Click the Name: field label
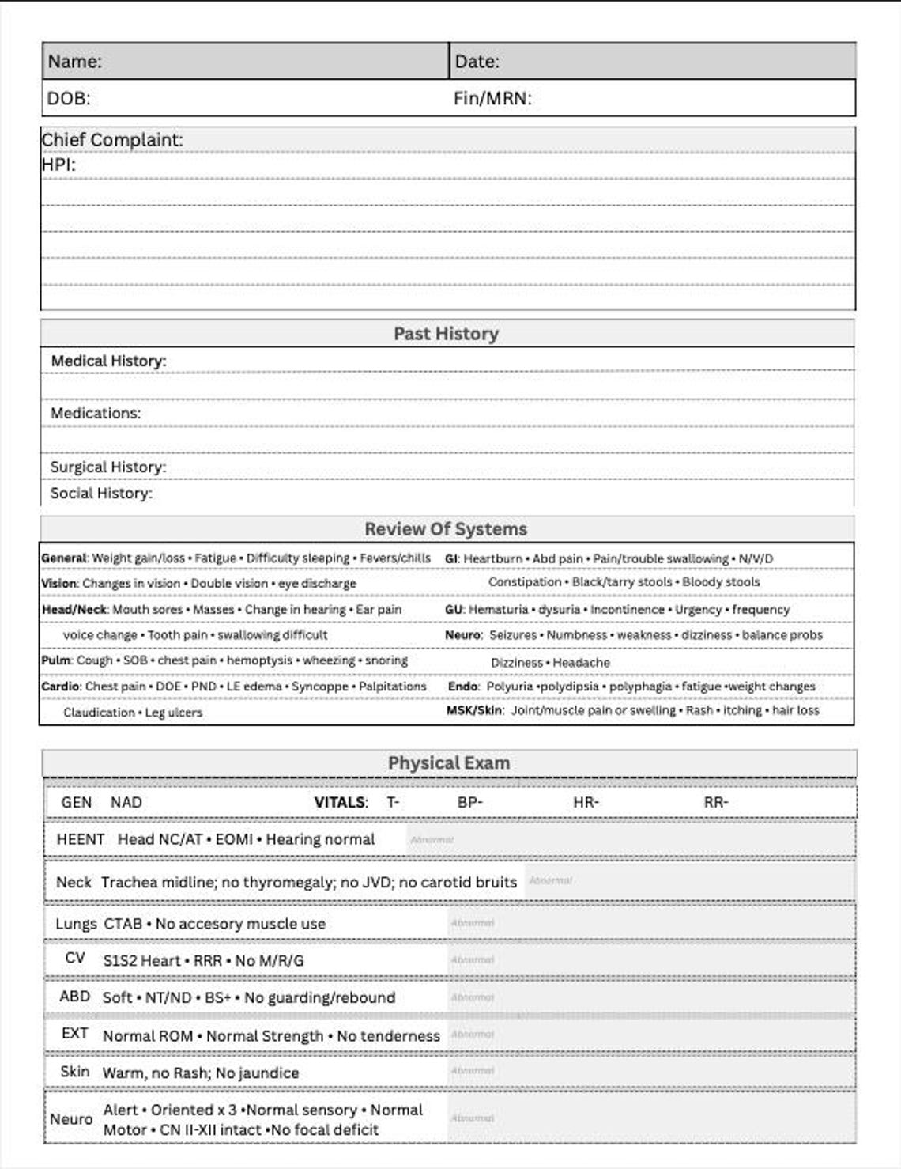click(74, 61)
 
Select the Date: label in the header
click(477, 61)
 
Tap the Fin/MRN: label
click(492, 98)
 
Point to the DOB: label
click(69, 98)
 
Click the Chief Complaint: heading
click(112, 140)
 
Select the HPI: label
click(58, 165)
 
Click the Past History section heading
click(446, 334)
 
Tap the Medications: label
click(96, 413)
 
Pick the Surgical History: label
click(108, 467)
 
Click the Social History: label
click(101, 493)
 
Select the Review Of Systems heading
click(446, 529)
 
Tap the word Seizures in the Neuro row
click(512, 635)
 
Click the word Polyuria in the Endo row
click(510, 687)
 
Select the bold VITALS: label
click(341, 802)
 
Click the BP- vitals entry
click(469, 802)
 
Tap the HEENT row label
click(81, 839)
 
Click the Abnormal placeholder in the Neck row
click(550, 880)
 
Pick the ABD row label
click(74, 997)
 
